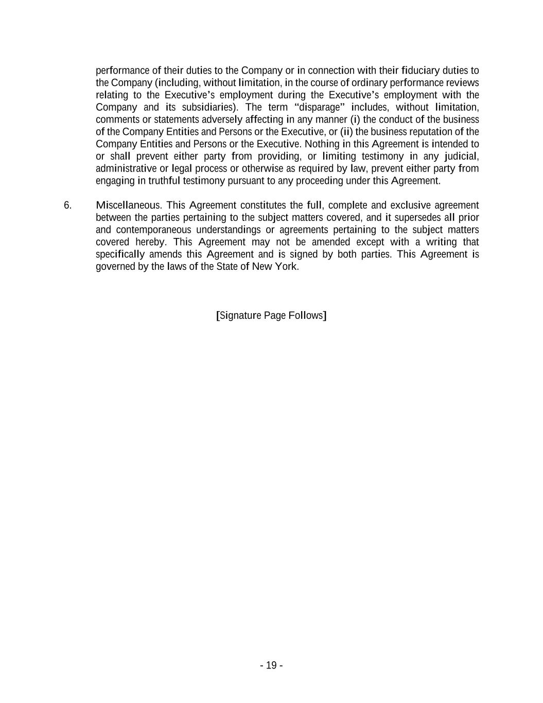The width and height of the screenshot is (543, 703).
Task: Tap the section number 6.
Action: tap(68, 205)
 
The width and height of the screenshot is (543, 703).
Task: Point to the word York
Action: tap(287, 267)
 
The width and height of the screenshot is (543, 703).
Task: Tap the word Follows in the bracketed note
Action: tap(306, 315)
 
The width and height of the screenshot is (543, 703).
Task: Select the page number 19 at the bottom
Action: tap(271, 665)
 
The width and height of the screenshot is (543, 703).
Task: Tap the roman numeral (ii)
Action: tap(346, 132)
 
